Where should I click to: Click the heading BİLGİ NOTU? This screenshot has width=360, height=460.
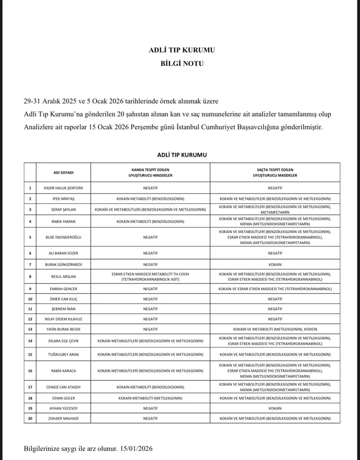coord(182,64)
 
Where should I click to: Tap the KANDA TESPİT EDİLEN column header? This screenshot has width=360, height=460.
coord(151,172)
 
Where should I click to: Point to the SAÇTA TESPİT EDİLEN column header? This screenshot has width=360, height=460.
coord(275,172)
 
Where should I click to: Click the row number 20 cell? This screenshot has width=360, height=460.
coord(30,418)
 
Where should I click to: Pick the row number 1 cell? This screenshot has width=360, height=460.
coord(30,188)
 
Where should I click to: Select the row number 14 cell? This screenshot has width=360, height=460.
coord(30,341)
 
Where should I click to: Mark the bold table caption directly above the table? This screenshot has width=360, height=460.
coord(182,154)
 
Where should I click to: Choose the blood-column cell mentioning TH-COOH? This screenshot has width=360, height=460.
coord(151,277)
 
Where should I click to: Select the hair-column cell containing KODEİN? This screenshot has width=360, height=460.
coord(275,329)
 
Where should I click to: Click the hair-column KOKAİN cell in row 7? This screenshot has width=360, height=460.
coord(275,264)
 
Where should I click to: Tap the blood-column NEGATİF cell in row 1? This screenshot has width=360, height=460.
coord(151,188)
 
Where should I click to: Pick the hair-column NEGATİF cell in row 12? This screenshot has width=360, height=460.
coord(275,319)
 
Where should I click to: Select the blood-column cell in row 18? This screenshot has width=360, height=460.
coord(151,398)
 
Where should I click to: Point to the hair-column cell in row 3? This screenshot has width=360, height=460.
coord(275,209)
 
